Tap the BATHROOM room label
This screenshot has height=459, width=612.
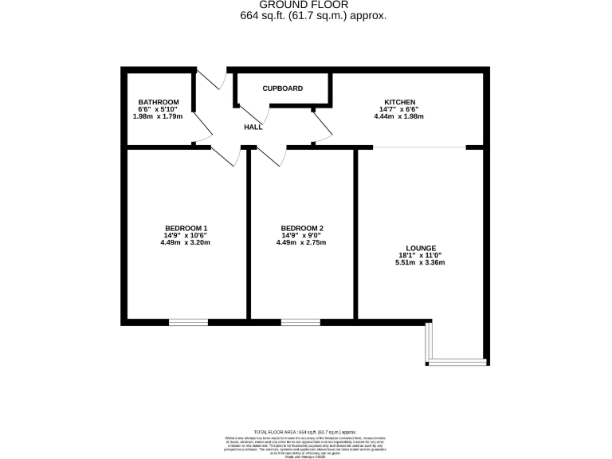[x=158, y=102]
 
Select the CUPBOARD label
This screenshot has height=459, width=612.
[x=283, y=88]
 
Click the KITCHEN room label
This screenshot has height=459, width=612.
[x=398, y=102]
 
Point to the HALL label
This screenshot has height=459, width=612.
[x=253, y=127]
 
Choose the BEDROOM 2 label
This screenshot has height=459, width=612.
[x=301, y=228]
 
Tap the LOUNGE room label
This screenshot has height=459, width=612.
[x=418, y=248]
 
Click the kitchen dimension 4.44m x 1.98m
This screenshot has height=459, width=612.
[x=398, y=116]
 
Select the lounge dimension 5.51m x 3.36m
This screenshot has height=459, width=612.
[x=418, y=263]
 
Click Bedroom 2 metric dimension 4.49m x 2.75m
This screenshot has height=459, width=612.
[x=301, y=242]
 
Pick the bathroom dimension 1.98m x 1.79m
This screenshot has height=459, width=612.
[x=158, y=116]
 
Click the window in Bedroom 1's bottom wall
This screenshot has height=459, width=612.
[x=188, y=322]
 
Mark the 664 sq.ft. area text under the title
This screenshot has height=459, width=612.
[x=306, y=16]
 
